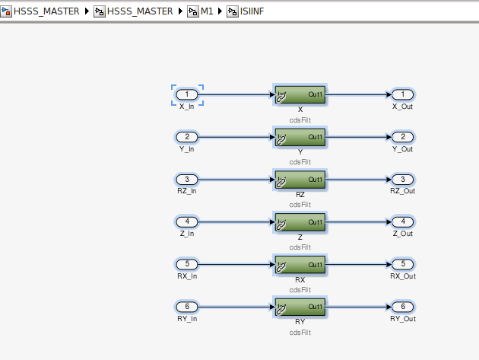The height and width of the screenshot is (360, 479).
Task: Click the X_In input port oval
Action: pyautogui.click(x=187, y=94)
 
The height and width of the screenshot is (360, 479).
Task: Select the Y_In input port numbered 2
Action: pyautogui.click(x=187, y=137)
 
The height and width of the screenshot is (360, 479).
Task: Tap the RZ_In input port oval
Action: pyautogui.click(x=187, y=179)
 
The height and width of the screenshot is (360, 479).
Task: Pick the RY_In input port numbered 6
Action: pyautogui.click(x=187, y=307)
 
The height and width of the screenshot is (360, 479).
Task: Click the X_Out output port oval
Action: pyautogui.click(x=403, y=94)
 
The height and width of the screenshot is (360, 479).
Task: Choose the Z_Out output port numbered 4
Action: pyautogui.click(x=403, y=221)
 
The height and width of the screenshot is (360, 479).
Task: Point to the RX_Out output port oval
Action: pyautogui.click(x=403, y=264)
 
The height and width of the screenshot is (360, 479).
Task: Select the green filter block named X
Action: pyautogui.click(x=300, y=95)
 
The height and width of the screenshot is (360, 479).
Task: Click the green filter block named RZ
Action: pyautogui.click(x=300, y=180)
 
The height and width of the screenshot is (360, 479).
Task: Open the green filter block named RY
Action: pyautogui.click(x=300, y=307)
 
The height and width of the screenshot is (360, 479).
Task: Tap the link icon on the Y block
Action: pyautogui.click(x=281, y=140)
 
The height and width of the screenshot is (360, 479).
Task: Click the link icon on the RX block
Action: pyautogui.click(x=281, y=268)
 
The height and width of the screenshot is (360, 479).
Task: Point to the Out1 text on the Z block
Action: pyautogui.click(x=316, y=222)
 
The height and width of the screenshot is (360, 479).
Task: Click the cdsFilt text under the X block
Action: pyautogui.click(x=300, y=120)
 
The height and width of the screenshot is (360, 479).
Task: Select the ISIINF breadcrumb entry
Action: pyautogui.click(x=252, y=11)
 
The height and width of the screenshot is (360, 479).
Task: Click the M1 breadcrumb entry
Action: pyautogui.click(x=207, y=11)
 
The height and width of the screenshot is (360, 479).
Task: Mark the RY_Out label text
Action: pyautogui.click(x=403, y=319)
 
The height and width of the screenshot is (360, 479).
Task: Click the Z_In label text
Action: pyautogui.click(x=187, y=234)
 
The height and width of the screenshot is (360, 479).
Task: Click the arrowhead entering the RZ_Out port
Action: pyautogui.click(x=389, y=179)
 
